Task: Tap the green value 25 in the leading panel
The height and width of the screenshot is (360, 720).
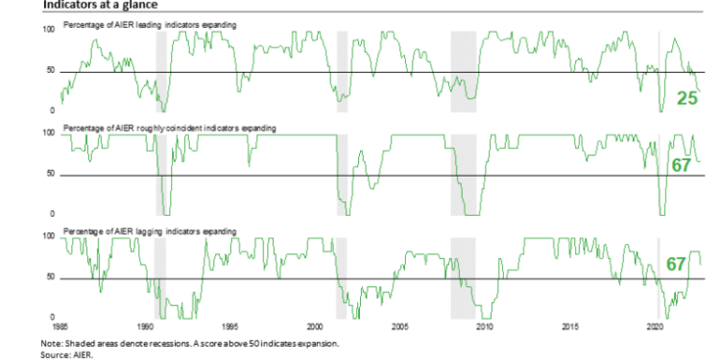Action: (x=686, y=98)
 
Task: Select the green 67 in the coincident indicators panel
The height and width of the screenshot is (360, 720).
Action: (x=682, y=165)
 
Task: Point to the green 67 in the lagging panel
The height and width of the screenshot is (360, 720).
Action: (x=678, y=264)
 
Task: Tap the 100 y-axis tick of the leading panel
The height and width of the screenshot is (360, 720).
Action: (x=49, y=30)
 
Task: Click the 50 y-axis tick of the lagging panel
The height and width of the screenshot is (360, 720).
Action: (x=51, y=277)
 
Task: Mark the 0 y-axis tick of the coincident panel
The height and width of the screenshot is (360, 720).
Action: (x=53, y=213)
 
